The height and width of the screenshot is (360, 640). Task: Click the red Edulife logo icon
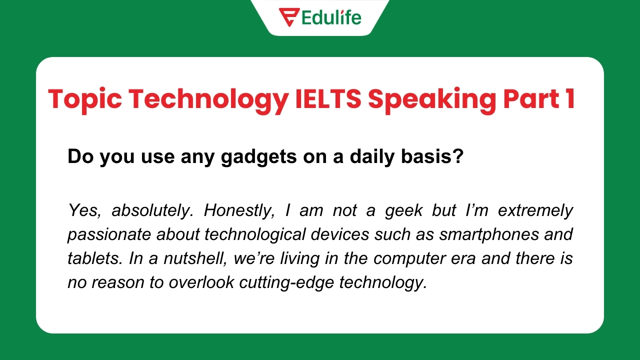coord(289,17)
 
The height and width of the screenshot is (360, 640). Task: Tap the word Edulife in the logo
coord(331,17)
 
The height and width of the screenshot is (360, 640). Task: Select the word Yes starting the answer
coord(82,210)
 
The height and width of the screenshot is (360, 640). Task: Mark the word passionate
coord(99,234)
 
